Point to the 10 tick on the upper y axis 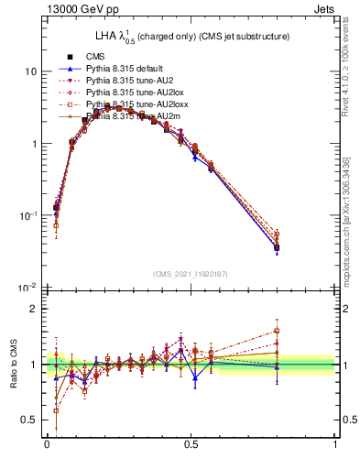coord(32,71)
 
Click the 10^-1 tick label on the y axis coord(28,215)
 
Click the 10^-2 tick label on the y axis coord(28,288)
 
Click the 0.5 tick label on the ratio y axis coord(30,420)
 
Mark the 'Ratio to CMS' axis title coord(14,365)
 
